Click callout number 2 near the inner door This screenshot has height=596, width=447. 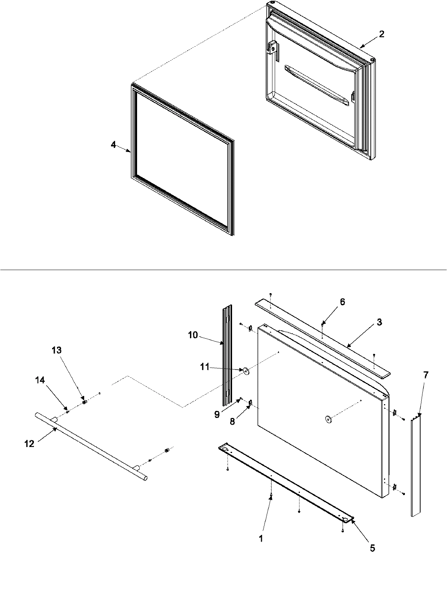(x=381, y=34)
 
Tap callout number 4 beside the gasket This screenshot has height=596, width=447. (x=113, y=145)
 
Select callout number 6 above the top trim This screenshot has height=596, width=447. (x=342, y=302)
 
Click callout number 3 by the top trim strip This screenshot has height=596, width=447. (x=379, y=322)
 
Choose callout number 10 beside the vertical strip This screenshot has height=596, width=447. (x=193, y=335)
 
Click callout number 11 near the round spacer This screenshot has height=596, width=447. (x=205, y=367)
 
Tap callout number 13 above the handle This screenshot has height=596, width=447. (x=57, y=351)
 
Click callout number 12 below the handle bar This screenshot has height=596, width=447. (x=29, y=444)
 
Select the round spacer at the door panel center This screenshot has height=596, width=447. (x=328, y=420)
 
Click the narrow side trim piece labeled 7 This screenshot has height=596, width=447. (x=416, y=466)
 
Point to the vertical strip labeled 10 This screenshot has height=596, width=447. (x=227, y=356)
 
